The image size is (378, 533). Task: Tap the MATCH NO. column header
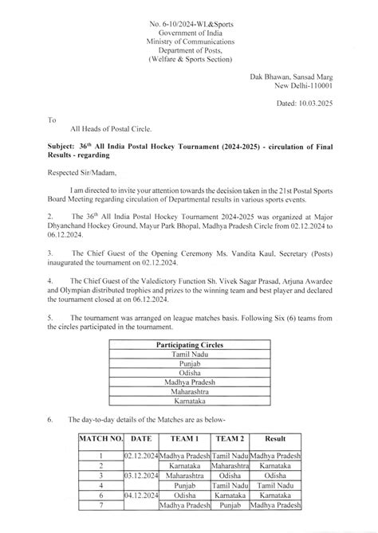[100, 438]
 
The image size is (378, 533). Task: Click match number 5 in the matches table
[100, 494]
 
